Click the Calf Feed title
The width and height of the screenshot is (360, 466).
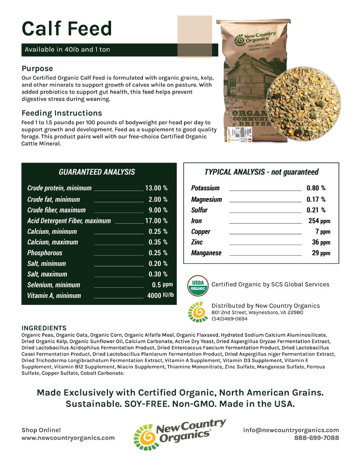pyautogui.click(x=67, y=28)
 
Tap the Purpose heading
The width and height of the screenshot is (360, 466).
pyautogui.click(x=37, y=69)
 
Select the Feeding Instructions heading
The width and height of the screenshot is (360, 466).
pyautogui.click(x=62, y=113)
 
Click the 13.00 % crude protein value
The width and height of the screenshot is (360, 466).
pyautogui.click(x=156, y=188)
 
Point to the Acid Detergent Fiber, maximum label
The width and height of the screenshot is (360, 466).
pyautogui.click(x=69, y=221)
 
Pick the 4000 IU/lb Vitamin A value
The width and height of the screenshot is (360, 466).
pyautogui.click(x=160, y=296)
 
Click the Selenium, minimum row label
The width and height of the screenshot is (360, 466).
pyautogui.click(x=54, y=285)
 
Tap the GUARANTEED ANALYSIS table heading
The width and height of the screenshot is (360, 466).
pyautogui.click(x=97, y=172)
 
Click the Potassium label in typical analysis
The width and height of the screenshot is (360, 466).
pyautogui.click(x=205, y=188)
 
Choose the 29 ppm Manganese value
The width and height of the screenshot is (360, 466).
pyautogui.click(x=320, y=253)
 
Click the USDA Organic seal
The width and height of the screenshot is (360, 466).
pyautogui.click(x=198, y=285)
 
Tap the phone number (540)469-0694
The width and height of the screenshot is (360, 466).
pyautogui.click(x=230, y=319)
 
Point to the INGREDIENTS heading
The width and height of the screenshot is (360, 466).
pyautogui.click(x=44, y=328)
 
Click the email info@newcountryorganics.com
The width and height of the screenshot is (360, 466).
pyautogui.click(x=291, y=430)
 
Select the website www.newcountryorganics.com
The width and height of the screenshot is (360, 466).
pyautogui.click(x=68, y=438)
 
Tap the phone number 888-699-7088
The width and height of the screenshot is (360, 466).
pyautogui.click(x=316, y=438)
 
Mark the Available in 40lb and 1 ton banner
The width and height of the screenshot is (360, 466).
pyautogui.click(x=67, y=50)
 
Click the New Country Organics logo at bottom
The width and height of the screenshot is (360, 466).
pyautogui.click(x=179, y=434)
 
